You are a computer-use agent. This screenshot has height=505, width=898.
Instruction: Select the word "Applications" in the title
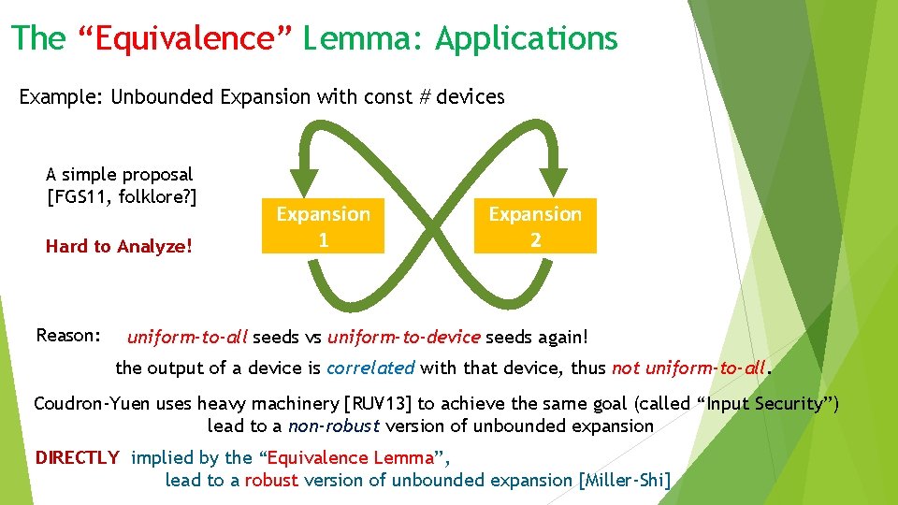point(526,38)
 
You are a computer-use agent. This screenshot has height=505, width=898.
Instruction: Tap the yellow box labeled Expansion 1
point(323,227)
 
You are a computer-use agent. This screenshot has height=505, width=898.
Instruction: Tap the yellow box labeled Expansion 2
point(535,227)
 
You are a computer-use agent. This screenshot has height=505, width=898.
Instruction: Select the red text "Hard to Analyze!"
point(119,247)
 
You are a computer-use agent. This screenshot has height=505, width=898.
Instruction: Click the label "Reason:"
point(68,335)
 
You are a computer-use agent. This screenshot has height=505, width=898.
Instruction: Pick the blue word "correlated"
point(369,368)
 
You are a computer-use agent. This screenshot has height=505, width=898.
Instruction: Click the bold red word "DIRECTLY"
point(77,457)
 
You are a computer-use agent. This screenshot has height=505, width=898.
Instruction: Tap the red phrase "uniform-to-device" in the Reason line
point(402,336)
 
